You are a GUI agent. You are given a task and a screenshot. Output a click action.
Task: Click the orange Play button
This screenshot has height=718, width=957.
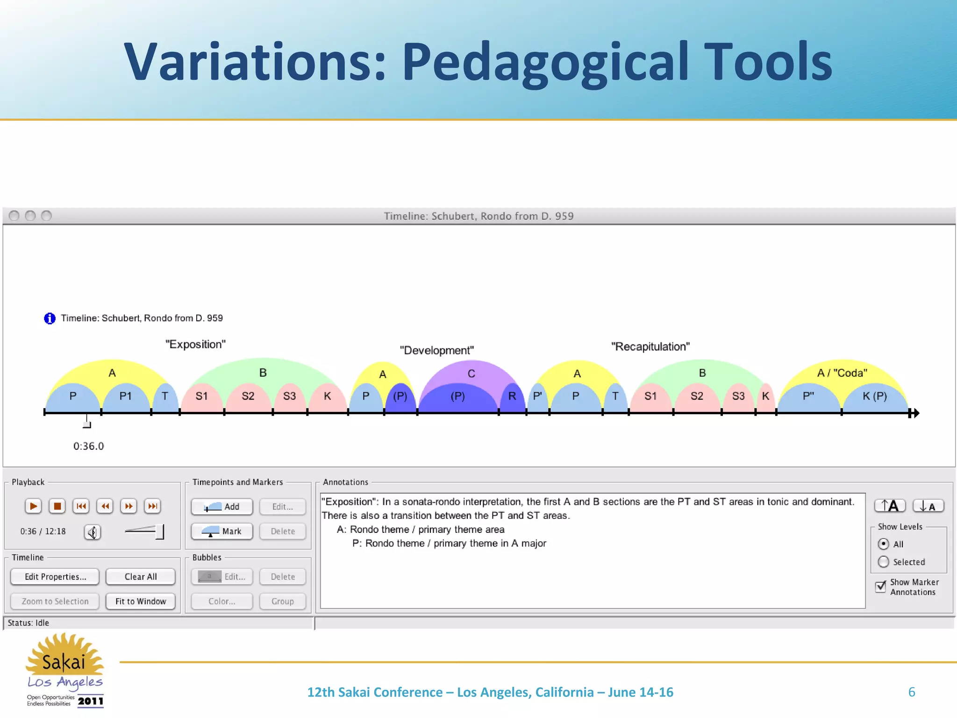[x=33, y=506]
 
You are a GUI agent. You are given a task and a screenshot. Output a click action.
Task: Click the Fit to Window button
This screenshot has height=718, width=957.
[x=141, y=601]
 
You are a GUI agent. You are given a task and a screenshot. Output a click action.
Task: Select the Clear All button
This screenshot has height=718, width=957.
[x=141, y=577]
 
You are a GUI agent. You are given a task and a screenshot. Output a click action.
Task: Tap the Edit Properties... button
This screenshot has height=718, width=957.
[x=55, y=577]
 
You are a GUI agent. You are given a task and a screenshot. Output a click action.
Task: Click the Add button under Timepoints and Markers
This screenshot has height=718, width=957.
[x=222, y=507]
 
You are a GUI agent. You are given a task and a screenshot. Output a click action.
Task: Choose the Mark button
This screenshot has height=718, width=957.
[x=222, y=531]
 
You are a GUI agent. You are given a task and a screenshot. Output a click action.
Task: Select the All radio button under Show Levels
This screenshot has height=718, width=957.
[x=883, y=544]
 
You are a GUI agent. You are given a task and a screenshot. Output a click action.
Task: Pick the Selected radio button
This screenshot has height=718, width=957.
[x=883, y=562]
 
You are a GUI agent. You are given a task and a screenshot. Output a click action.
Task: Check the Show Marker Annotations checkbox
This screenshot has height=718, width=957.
[x=881, y=586]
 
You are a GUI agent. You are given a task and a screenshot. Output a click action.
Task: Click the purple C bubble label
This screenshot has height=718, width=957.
[x=471, y=373]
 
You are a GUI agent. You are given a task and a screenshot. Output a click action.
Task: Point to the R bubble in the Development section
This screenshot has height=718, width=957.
[x=512, y=397]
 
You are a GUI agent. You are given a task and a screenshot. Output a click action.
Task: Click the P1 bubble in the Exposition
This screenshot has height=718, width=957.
[x=125, y=397]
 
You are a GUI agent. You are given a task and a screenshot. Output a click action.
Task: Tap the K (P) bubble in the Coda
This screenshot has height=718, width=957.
[x=874, y=397]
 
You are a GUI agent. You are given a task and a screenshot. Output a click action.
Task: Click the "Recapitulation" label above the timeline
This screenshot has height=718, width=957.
[x=650, y=347]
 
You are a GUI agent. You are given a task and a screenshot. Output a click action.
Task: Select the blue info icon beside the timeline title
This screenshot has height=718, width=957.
[x=50, y=318]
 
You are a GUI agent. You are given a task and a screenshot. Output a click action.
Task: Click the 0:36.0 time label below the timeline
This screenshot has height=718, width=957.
[x=88, y=446]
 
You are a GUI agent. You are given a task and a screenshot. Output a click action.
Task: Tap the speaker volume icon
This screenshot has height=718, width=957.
[x=93, y=532]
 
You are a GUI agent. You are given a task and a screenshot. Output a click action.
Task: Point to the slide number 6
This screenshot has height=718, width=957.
[x=911, y=692]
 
